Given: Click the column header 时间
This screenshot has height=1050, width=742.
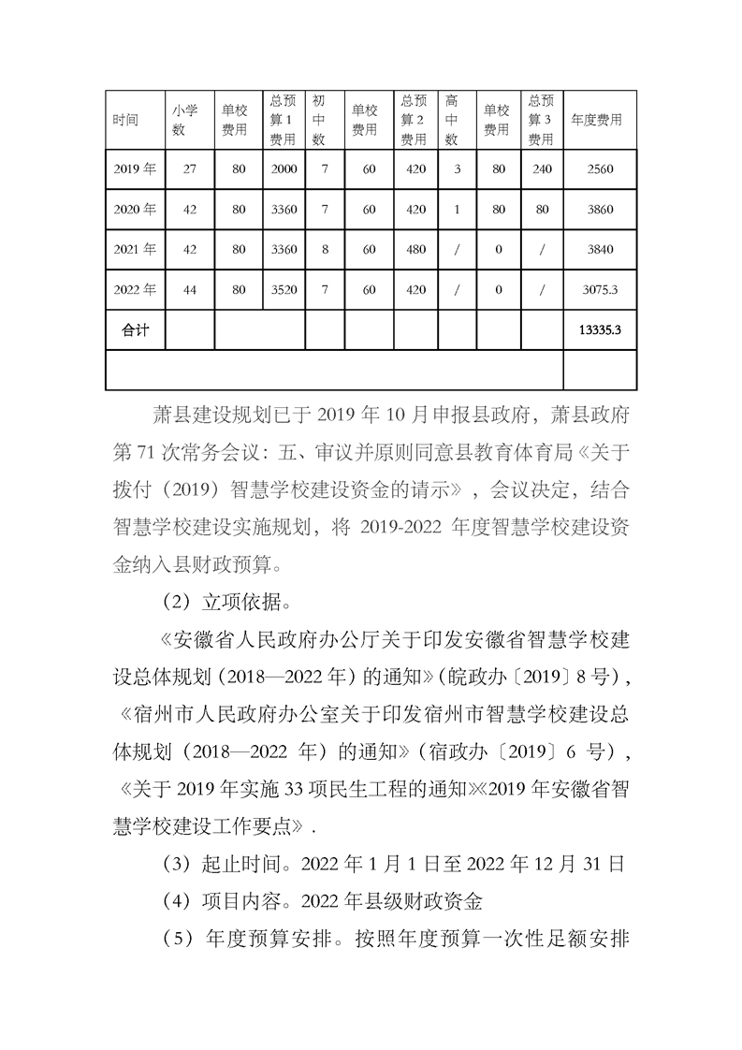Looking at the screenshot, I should [125, 120].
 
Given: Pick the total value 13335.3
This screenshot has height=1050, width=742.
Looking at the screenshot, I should [600, 330].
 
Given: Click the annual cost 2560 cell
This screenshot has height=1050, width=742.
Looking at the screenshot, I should [600, 169].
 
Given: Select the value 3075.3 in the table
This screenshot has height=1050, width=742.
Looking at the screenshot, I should [600, 290].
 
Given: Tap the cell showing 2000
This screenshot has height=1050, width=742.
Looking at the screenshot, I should [284, 169].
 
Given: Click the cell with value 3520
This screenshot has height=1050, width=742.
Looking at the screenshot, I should [284, 290].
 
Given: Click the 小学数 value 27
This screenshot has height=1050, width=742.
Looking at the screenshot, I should [190, 169].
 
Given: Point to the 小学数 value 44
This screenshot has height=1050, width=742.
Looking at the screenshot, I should [190, 290].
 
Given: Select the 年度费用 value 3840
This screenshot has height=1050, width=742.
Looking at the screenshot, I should [600, 250].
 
